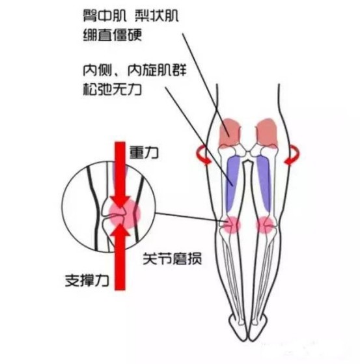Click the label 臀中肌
click(105, 16)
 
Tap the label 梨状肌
click(157, 16)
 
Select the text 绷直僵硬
click(113, 35)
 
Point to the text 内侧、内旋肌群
click(135, 70)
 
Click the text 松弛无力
click(113, 89)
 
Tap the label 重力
click(144, 152)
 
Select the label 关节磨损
click(173, 259)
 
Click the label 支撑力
click(87, 281)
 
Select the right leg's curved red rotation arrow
click(292, 155)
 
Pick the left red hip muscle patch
click(230, 133)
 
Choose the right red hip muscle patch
click(267, 133)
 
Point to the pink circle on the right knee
click(266, 225)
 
